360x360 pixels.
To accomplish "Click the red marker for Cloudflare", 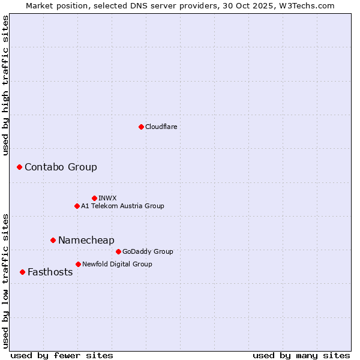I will pos(141,127).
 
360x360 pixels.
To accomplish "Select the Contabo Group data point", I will pos(19,167).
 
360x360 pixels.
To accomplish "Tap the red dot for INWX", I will pos(94,198).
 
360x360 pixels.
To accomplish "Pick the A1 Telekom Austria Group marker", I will pos(77,206).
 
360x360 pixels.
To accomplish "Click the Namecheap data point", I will pos(53,240).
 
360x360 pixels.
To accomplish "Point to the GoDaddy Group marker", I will pos(118,251).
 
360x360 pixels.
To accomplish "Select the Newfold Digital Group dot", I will pos(78,264).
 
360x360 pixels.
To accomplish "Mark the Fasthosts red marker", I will pos(22,272).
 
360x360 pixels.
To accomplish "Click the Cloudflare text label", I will pos(161,127).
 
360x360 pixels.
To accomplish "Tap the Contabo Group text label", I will pos(61,167).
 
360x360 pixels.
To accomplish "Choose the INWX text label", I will pos(107,198).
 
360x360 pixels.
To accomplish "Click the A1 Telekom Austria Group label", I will pos(122,206).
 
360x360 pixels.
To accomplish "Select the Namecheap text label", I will pos(86,240).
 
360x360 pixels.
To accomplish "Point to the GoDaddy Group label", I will pos(148,251).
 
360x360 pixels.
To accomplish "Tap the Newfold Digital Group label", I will pos(117,264).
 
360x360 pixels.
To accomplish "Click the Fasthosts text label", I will pos(50,272).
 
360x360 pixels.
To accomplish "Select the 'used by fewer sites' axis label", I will pos(62,355).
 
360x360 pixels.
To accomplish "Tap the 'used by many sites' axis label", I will pos(301,355).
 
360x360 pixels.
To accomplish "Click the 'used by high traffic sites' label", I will pos(5,85).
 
